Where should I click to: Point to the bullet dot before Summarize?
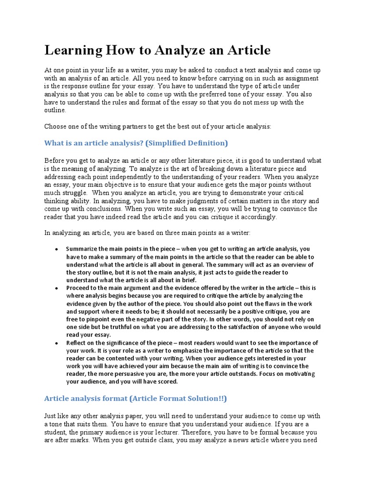tap(57, 249)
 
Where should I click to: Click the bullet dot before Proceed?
tap(57, 288)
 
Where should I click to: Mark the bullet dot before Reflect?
tap(57, 343)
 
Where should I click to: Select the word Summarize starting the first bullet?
tap(82, 249)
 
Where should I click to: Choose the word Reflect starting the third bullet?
tap(77, 343)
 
